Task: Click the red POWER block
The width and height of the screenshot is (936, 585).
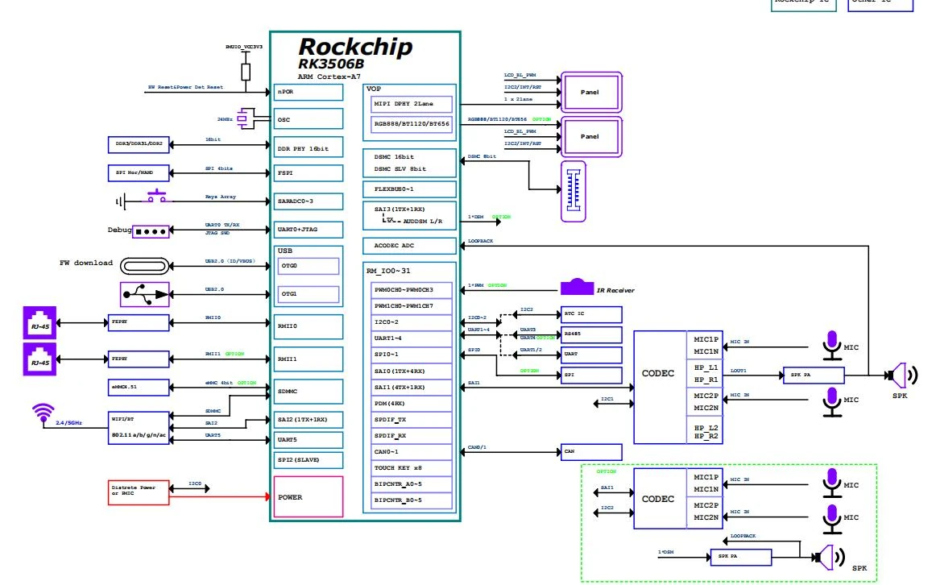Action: [309, 496]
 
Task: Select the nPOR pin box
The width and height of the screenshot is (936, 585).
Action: [309, 92]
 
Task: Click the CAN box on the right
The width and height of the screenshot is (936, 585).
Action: [591, 452]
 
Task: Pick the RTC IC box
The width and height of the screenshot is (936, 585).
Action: [591, 313]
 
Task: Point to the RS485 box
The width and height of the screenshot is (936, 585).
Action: [591, 334]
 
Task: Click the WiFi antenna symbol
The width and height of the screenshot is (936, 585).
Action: [41, 413]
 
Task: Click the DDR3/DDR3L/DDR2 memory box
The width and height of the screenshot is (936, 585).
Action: [138, 144]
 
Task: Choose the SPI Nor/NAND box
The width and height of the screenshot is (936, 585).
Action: [138, 173]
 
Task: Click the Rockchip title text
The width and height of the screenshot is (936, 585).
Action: [355, 46]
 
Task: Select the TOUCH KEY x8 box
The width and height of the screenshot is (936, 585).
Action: [408, 467]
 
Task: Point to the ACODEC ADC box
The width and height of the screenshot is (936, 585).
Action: [409, 245]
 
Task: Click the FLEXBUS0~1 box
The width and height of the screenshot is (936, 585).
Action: [409, 189]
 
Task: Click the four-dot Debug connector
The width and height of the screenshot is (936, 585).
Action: [151, 230]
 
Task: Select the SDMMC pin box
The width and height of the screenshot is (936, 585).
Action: [309, 391]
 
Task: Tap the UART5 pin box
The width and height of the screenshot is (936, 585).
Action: [309, 440]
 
